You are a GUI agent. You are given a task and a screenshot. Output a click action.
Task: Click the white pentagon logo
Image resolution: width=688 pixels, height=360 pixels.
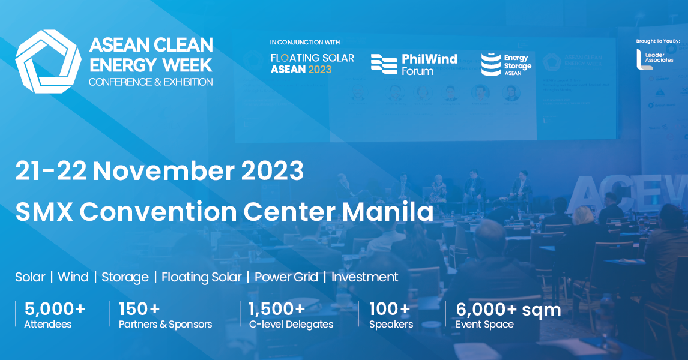[48, 61]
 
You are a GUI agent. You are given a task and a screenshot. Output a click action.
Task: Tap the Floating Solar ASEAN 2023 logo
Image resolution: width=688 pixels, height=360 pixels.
[312, 63]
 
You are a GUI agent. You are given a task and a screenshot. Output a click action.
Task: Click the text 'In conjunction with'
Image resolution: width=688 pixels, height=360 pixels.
[305, 43]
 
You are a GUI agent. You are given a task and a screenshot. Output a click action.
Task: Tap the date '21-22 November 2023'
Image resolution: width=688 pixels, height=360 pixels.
[160, 172]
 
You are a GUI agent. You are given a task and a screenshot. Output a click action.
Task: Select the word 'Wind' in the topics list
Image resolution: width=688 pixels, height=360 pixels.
[73, 277]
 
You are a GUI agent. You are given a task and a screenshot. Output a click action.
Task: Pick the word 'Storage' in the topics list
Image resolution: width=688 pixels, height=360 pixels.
[125, 277]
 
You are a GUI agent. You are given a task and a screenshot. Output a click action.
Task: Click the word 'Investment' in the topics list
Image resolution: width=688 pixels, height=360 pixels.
[365, 277]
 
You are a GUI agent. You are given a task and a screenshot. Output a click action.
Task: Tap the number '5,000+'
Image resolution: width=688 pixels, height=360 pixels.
[55, 310]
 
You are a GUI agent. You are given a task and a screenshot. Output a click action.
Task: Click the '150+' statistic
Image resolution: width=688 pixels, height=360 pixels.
[139, 310]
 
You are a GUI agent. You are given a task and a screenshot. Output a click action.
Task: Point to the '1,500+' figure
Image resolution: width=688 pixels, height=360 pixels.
[277, 310]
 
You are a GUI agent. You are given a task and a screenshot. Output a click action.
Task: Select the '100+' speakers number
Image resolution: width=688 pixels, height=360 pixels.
[390, 310]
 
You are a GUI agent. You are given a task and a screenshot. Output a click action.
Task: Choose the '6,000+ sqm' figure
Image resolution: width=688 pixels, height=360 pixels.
[508, 310]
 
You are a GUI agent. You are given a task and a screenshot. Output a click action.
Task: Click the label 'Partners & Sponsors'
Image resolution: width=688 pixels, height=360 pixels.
[166, 325]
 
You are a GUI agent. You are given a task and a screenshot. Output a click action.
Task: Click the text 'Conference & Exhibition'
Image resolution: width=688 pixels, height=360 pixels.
[150, 81]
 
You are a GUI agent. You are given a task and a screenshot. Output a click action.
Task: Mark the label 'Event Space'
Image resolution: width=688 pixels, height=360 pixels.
[484, 325]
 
